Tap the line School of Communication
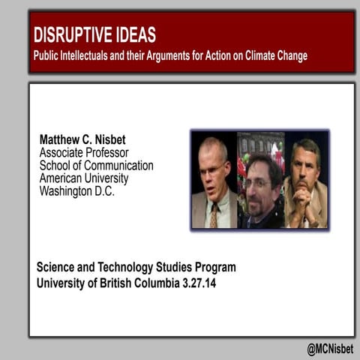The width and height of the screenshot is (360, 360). coord(96,166)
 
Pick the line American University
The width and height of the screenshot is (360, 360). coord(83,178)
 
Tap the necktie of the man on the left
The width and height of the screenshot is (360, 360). coord(214,215)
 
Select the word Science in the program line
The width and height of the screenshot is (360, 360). coord(58,267)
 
